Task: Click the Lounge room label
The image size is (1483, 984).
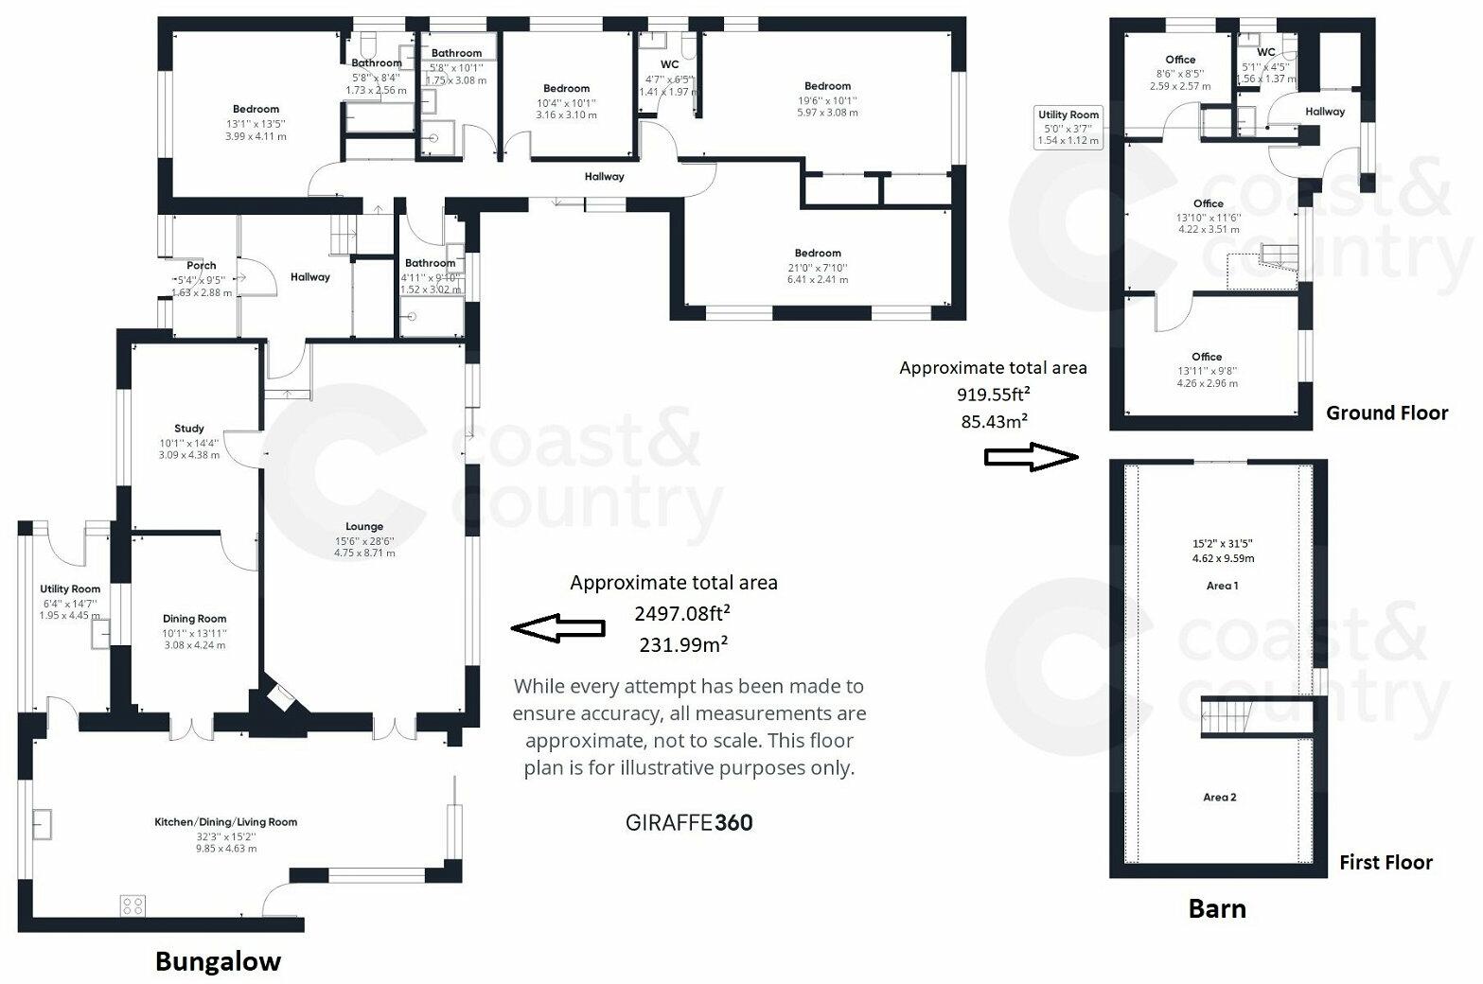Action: (x=364, y=527)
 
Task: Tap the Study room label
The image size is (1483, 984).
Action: (x=189, y=429)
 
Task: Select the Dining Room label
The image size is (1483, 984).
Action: (x=195, y=619)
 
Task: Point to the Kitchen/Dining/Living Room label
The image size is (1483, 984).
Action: (x=225, y=822)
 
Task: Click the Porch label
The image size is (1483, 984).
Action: (x=202, y=266)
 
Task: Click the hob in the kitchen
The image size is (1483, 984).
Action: (x=132, y=905)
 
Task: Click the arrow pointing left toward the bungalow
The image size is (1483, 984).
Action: (x=557, y=627)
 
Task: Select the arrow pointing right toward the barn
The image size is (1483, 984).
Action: (x=1032, y=458)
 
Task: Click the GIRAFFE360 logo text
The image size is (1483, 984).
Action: (x=689, y=823)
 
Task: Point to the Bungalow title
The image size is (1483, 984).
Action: (x=218, y=962)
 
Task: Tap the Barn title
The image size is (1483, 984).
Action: (x=1217, y=909)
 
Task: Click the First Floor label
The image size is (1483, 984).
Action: (x=1386, y=862)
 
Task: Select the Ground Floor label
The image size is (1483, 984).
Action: (x=1386, y=413)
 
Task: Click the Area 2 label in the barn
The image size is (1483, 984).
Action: (x=1220, y=797)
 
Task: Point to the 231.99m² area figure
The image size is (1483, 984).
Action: (x=683, y=643)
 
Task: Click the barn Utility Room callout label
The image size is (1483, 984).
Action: (x=1068, y=114)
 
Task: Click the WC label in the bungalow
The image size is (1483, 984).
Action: (x=669, y=64)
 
